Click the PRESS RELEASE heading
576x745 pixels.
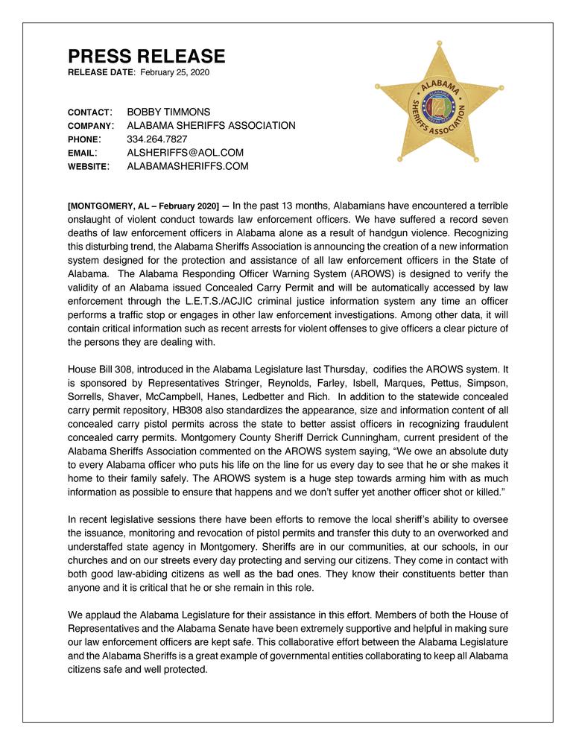(146, 57)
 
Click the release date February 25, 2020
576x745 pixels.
(175, 72)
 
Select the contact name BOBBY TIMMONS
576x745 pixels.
(168, 112)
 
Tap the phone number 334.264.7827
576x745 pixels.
(157, 139)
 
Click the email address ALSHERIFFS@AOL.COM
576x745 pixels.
(186, 153)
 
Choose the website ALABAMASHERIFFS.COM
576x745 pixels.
(188, 166)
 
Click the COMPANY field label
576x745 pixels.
(90, 126)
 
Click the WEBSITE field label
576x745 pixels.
(89, 166)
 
